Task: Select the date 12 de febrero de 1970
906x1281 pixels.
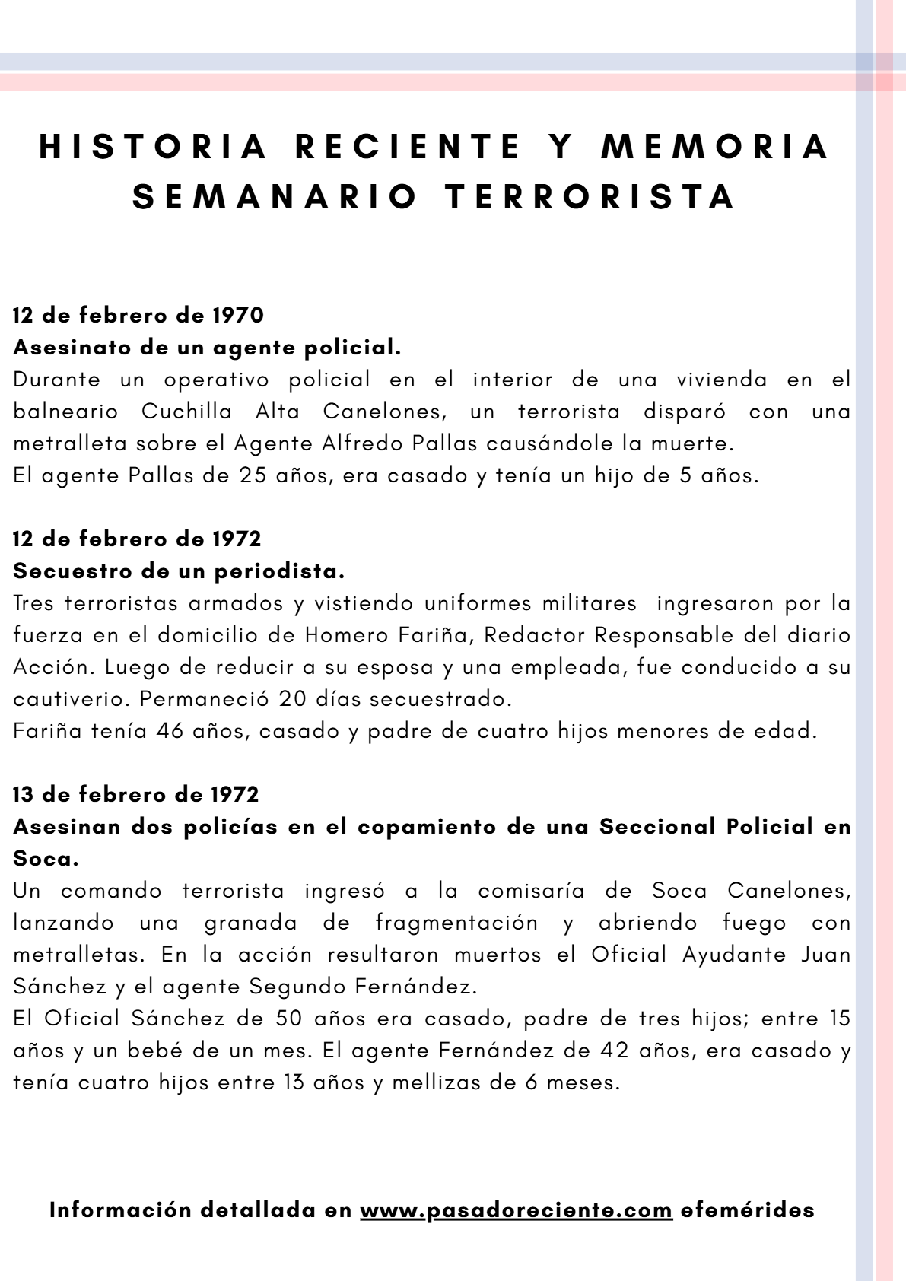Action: (138, 315)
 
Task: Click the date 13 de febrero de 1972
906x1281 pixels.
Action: (136, 794)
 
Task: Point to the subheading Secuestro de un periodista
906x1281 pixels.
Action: (180, 571)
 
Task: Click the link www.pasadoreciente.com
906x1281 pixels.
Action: (516, 1209)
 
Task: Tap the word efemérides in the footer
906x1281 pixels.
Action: (747, 1209)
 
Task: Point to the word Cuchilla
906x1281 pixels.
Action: (187, 411)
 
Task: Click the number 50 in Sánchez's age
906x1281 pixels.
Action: (291, 1018)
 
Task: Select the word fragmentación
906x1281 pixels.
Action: (456, 922)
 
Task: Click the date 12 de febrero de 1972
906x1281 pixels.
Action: (137, 539)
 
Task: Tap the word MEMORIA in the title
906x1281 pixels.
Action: (716, 146)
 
